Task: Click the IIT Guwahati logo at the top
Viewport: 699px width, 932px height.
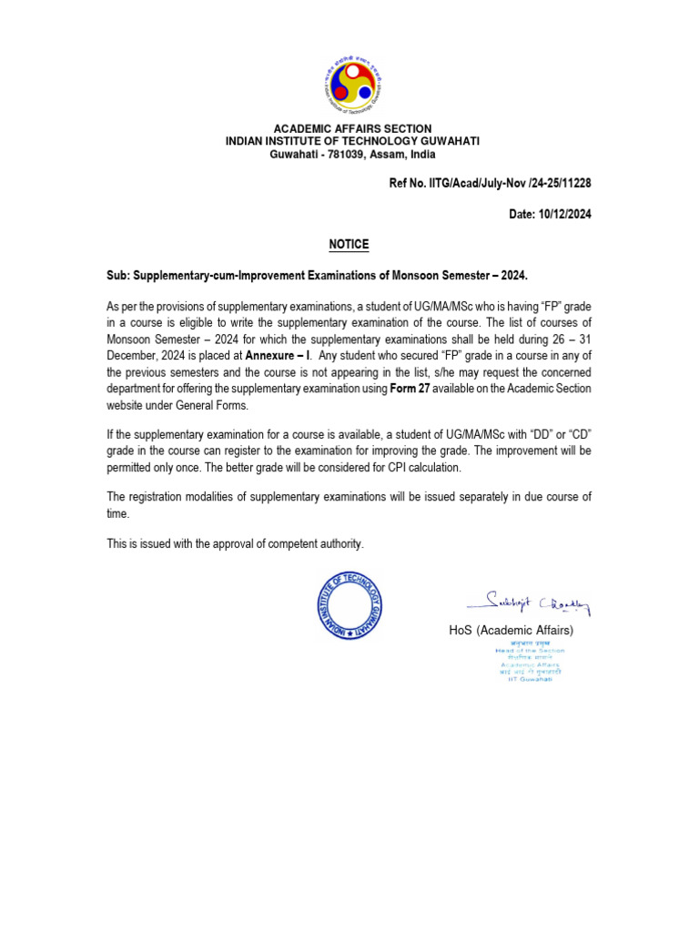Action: [352, 82]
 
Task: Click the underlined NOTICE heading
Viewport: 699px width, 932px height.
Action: [349, 245]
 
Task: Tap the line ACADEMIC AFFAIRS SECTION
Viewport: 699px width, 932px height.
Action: [352, 129]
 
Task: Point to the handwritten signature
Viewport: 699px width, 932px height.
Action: [527, 603]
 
